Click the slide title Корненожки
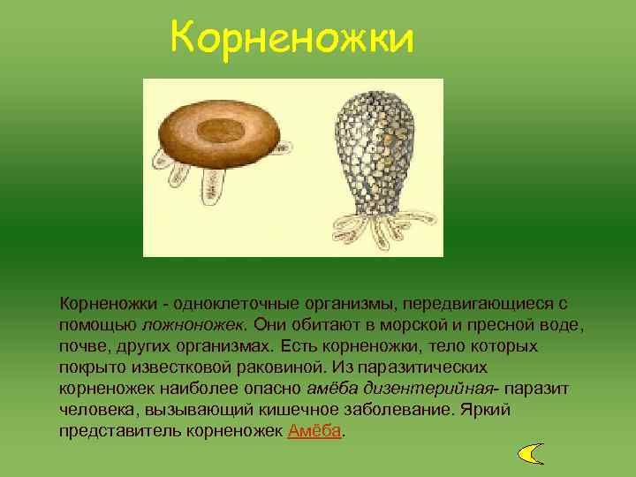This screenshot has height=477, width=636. click(291, 38)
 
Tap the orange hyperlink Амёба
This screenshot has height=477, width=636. click(314, 432)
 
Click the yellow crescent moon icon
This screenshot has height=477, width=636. click(530, 454)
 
